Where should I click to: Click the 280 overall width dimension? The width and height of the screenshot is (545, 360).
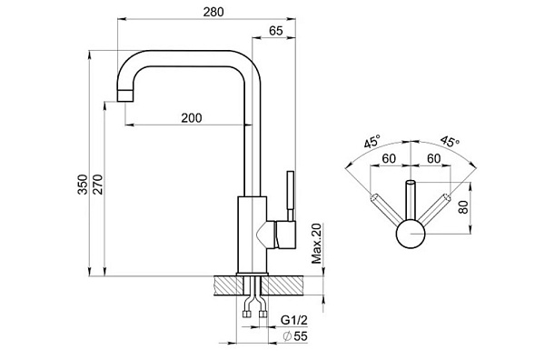[213, 12]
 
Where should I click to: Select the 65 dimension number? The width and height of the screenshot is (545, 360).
[276, 31]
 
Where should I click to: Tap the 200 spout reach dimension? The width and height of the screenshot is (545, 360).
[192, 118]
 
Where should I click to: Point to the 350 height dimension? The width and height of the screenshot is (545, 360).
[83, 185]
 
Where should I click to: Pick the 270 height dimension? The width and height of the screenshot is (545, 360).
[98, 185]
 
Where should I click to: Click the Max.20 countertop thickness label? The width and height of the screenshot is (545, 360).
[316, 243]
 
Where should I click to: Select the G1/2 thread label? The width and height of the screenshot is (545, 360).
[294, 320]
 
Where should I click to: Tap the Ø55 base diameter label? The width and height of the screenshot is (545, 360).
[295, 336]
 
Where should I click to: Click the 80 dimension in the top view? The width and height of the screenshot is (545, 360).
[463, 207]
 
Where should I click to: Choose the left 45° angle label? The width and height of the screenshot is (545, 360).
[372, 142]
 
